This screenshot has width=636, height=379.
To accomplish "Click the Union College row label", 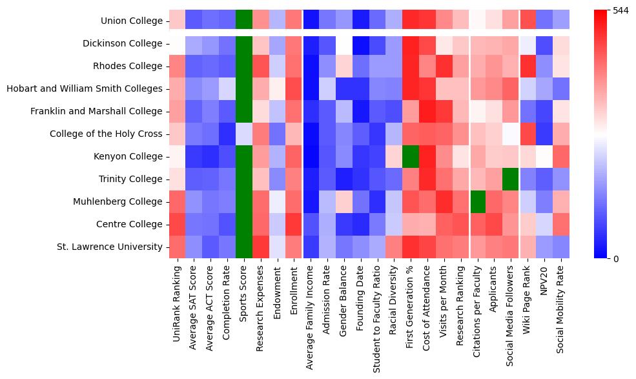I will (132, 21).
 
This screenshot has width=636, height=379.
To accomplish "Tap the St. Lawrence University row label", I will (109, 247).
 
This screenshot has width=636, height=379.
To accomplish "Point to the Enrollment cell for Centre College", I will (294, 224).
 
